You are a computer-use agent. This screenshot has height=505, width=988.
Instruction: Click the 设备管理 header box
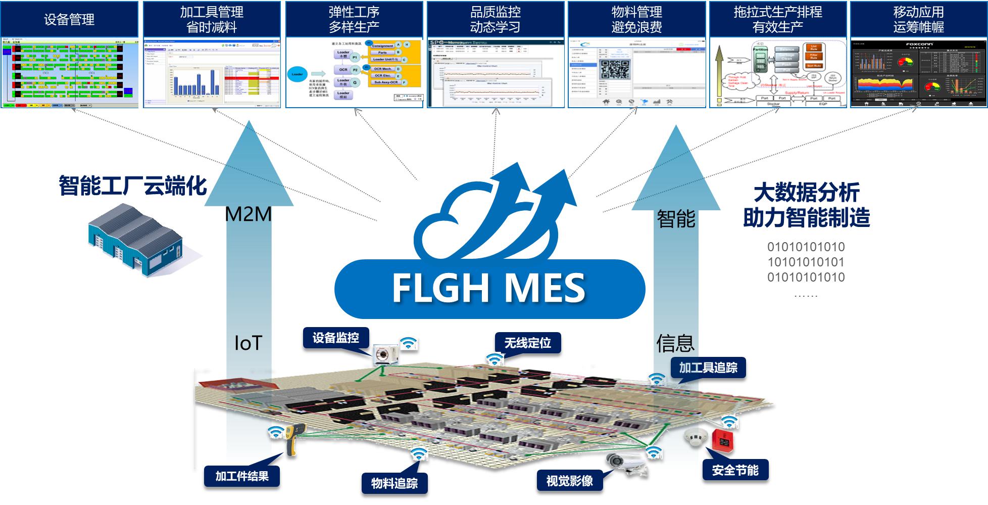coord(69,19)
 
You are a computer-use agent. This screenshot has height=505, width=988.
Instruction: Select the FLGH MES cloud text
coord(488,288)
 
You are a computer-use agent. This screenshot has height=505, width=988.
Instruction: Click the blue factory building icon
coord(135,240)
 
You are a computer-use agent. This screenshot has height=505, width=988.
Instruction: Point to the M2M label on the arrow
coord(248,214)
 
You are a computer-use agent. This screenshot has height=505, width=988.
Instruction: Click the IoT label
coord(248,343)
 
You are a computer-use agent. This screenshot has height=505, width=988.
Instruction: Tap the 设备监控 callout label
coord(335,338)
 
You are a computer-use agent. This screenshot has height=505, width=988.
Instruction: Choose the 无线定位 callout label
coord(527,343)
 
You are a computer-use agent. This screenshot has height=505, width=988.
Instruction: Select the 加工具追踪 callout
coord(708,368)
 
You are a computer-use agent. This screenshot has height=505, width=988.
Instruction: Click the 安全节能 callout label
coord(735,470)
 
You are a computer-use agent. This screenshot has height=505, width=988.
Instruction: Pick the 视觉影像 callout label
coord(569,481)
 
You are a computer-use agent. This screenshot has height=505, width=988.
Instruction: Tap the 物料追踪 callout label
coord(394,483)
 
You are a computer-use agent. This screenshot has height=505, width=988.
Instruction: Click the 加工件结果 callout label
coord(242,476)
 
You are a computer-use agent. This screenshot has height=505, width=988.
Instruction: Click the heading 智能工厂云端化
coord(133,186)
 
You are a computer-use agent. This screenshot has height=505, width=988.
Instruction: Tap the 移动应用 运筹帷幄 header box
coord(918,19)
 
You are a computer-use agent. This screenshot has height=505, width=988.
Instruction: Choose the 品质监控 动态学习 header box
coord(495,19)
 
